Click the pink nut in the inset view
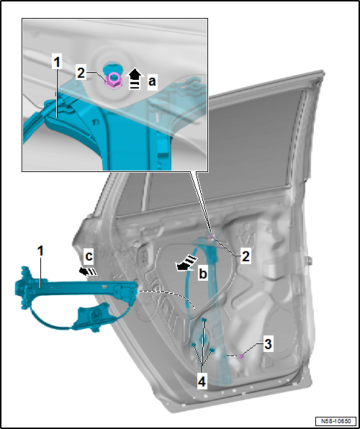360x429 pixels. click(113, 81)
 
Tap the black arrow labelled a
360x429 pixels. click(135, 78)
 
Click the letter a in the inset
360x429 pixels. click(152, 81)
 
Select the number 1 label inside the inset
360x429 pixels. click(57, 63)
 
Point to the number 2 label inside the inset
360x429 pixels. click(81, 73)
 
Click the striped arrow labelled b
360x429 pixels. click(187, 263)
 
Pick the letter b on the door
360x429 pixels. click(203, 274)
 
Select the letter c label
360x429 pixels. click(89, 256)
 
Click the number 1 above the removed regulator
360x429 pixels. click(40, 251)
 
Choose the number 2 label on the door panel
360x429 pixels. click(245, 256)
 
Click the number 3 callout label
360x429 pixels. click(267, 344)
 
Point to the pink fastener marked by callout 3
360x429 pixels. click(241, 356)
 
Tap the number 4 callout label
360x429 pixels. click(202, 381)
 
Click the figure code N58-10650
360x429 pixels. click(336, 420)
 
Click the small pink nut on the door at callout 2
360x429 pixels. click(211, 237)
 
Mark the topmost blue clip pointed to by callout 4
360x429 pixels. click(204, 320)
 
